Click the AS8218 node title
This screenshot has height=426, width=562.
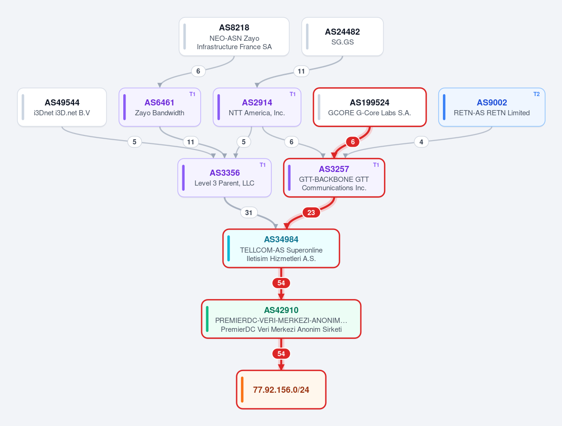click(x=234, y=28)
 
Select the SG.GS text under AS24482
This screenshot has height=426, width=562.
click(x=342, y=42)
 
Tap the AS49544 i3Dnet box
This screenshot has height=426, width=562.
click(x=62, y=107)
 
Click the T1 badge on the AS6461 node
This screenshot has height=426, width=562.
click(x=193, y=94)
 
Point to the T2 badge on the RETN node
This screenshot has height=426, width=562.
click(x=537, y=94)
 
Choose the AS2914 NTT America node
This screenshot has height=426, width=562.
click(x=257, y=107)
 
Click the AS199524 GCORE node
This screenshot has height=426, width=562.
click(x=369, y=107)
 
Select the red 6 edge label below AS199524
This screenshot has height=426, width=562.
click(x=352, y=142)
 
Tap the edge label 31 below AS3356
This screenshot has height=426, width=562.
click(x=249, y=212)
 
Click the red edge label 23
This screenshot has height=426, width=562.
click(x=311, y=212)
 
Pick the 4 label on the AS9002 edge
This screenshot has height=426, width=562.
click(x=421, y=142)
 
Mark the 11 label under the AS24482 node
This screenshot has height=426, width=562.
click(x=301, y=71)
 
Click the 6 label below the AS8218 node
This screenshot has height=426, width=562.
click(x=198, y=71)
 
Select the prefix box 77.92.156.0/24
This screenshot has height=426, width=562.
click(x=281, y=389)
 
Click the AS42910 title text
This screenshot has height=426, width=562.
click(x=281, y=310)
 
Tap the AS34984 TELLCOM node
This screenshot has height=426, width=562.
click(x=281, y=248)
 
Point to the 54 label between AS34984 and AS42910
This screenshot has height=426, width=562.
click(x=281, y=283)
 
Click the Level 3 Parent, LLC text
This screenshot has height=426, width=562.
click(x=225, y=183)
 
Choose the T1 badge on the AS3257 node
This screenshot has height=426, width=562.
click(x=376, y=165)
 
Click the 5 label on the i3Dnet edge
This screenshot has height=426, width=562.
click(x=135, y=142)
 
